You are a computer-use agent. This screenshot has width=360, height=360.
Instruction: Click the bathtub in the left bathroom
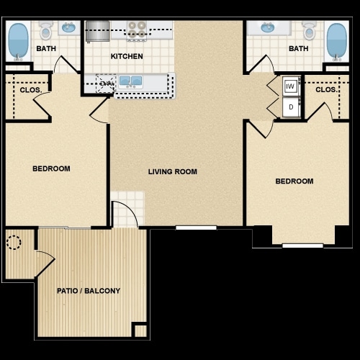18,42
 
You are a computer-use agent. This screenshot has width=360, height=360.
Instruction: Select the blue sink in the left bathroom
69,29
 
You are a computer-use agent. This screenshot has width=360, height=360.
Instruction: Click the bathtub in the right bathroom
336,42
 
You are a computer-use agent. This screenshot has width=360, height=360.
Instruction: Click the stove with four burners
137,30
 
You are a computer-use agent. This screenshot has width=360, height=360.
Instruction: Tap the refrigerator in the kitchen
97,31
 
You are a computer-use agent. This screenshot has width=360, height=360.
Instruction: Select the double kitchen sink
130,81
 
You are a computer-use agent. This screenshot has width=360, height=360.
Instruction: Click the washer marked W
290,86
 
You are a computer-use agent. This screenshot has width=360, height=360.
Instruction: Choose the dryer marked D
290,107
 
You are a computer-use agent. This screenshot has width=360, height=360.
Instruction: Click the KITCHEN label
126,56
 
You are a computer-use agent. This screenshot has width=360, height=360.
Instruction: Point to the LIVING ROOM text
173,171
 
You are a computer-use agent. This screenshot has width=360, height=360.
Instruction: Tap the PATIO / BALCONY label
89,291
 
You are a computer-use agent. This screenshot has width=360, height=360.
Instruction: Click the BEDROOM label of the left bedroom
51,168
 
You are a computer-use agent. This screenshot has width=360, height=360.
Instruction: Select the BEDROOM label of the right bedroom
294,181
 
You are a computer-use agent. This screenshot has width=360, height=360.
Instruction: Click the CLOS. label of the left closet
30,91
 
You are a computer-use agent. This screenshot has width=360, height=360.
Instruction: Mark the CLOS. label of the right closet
325,91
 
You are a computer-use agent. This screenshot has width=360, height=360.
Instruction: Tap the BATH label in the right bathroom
298,49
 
